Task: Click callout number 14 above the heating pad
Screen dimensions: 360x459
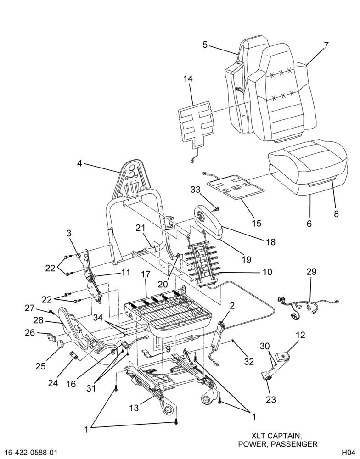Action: click(x=188, y=79)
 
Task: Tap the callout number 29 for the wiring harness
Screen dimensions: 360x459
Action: click(x=312, y=272)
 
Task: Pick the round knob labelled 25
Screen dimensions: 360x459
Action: click(x=61, y=344)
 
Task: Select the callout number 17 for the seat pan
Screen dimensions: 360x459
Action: click(x=146, y=274)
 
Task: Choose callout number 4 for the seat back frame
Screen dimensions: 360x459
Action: click(x=79, y=163)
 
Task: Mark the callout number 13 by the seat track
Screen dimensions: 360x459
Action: click(x=134, y=408)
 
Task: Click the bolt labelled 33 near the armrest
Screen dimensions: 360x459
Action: click(x=217, y=209)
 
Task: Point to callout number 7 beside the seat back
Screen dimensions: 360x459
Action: click(x=326, y=45)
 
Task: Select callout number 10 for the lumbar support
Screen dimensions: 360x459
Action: click(x=267, y=272)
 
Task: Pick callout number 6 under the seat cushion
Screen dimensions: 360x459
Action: click(x=309, y=224)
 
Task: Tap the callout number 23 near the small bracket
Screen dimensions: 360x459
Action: click(x=271, y=399)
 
